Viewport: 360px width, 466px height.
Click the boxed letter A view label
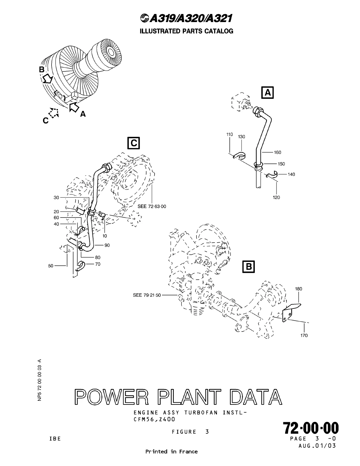click(x=267, y=93)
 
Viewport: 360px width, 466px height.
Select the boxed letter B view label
click(x=248, y=267)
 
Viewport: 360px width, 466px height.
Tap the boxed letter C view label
click(x=134, y=143)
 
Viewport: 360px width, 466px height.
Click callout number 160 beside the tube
click(x=277, y=152)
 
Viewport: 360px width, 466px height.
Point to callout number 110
click(x=229, y=135)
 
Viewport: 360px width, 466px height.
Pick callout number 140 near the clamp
click(x=291, y=174)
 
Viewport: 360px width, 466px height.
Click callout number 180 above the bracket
click(x=299, y=289)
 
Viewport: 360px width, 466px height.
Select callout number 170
click(x=304, y=336)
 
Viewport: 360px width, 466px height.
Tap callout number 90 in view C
click(x=107, y=245)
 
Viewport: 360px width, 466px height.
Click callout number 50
click(x=51, y=266)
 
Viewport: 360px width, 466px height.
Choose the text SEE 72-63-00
click(x=152, y=206)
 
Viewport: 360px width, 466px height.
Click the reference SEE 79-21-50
click(x=147, y=295)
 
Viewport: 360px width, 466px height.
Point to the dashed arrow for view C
click(x=54, y=112)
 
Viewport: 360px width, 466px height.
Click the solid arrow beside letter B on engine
click(x=47, y=78)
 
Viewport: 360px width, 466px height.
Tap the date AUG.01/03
click(x=317, y=446)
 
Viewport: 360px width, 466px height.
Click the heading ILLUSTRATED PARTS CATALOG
click(x=186, y=31)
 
